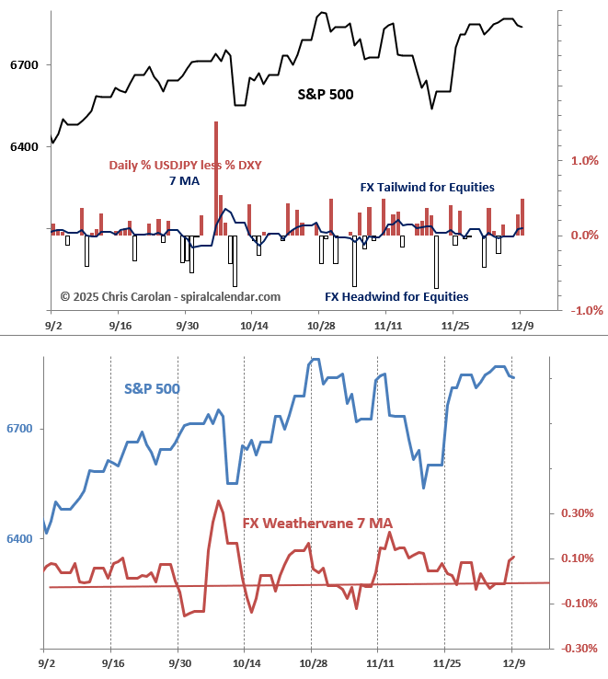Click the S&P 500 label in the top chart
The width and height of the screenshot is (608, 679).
(x=326, y=94)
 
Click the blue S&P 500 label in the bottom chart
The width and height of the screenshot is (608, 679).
(x=152, y=388)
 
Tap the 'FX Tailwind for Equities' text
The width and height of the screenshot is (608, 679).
(x=427, y=188)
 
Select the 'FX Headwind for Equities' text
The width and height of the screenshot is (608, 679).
(x=396, y=296)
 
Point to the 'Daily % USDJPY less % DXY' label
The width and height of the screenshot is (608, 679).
(x=185, y=166)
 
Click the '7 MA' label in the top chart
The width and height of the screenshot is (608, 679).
(x=185, y=180)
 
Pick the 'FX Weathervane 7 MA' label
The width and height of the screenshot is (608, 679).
(x=317, y=523)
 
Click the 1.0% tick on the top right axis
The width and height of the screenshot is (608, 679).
(x=585, y=160)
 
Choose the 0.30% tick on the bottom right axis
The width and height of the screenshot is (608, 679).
(x=579, y=513)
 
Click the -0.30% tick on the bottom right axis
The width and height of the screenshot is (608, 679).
(x=577, y=648)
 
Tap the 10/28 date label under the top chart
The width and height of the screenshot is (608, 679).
(x=320, y=326)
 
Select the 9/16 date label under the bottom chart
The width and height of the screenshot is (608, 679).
(x=112, y=662)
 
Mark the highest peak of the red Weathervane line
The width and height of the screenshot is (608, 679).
(x=218, y=501)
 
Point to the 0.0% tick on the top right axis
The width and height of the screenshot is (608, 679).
(x=585, y=236)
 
